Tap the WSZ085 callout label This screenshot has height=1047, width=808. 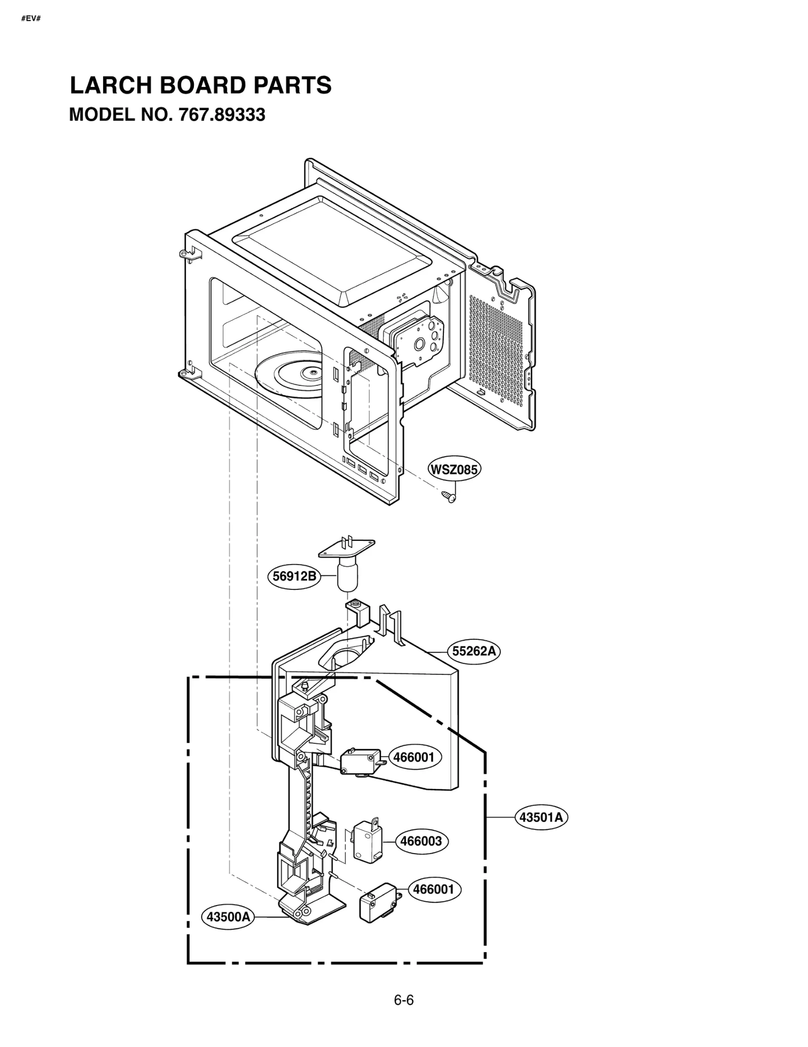click(453, 469)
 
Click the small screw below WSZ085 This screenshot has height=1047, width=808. click(448, 496)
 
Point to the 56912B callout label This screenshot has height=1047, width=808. click(294, 576)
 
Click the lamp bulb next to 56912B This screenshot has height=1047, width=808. click(346, 577)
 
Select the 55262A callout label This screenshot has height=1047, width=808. click(474, 651)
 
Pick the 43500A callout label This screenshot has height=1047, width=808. click(228, 917)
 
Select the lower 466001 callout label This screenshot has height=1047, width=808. click(434, 889)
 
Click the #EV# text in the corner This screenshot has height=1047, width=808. click(31, 19)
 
